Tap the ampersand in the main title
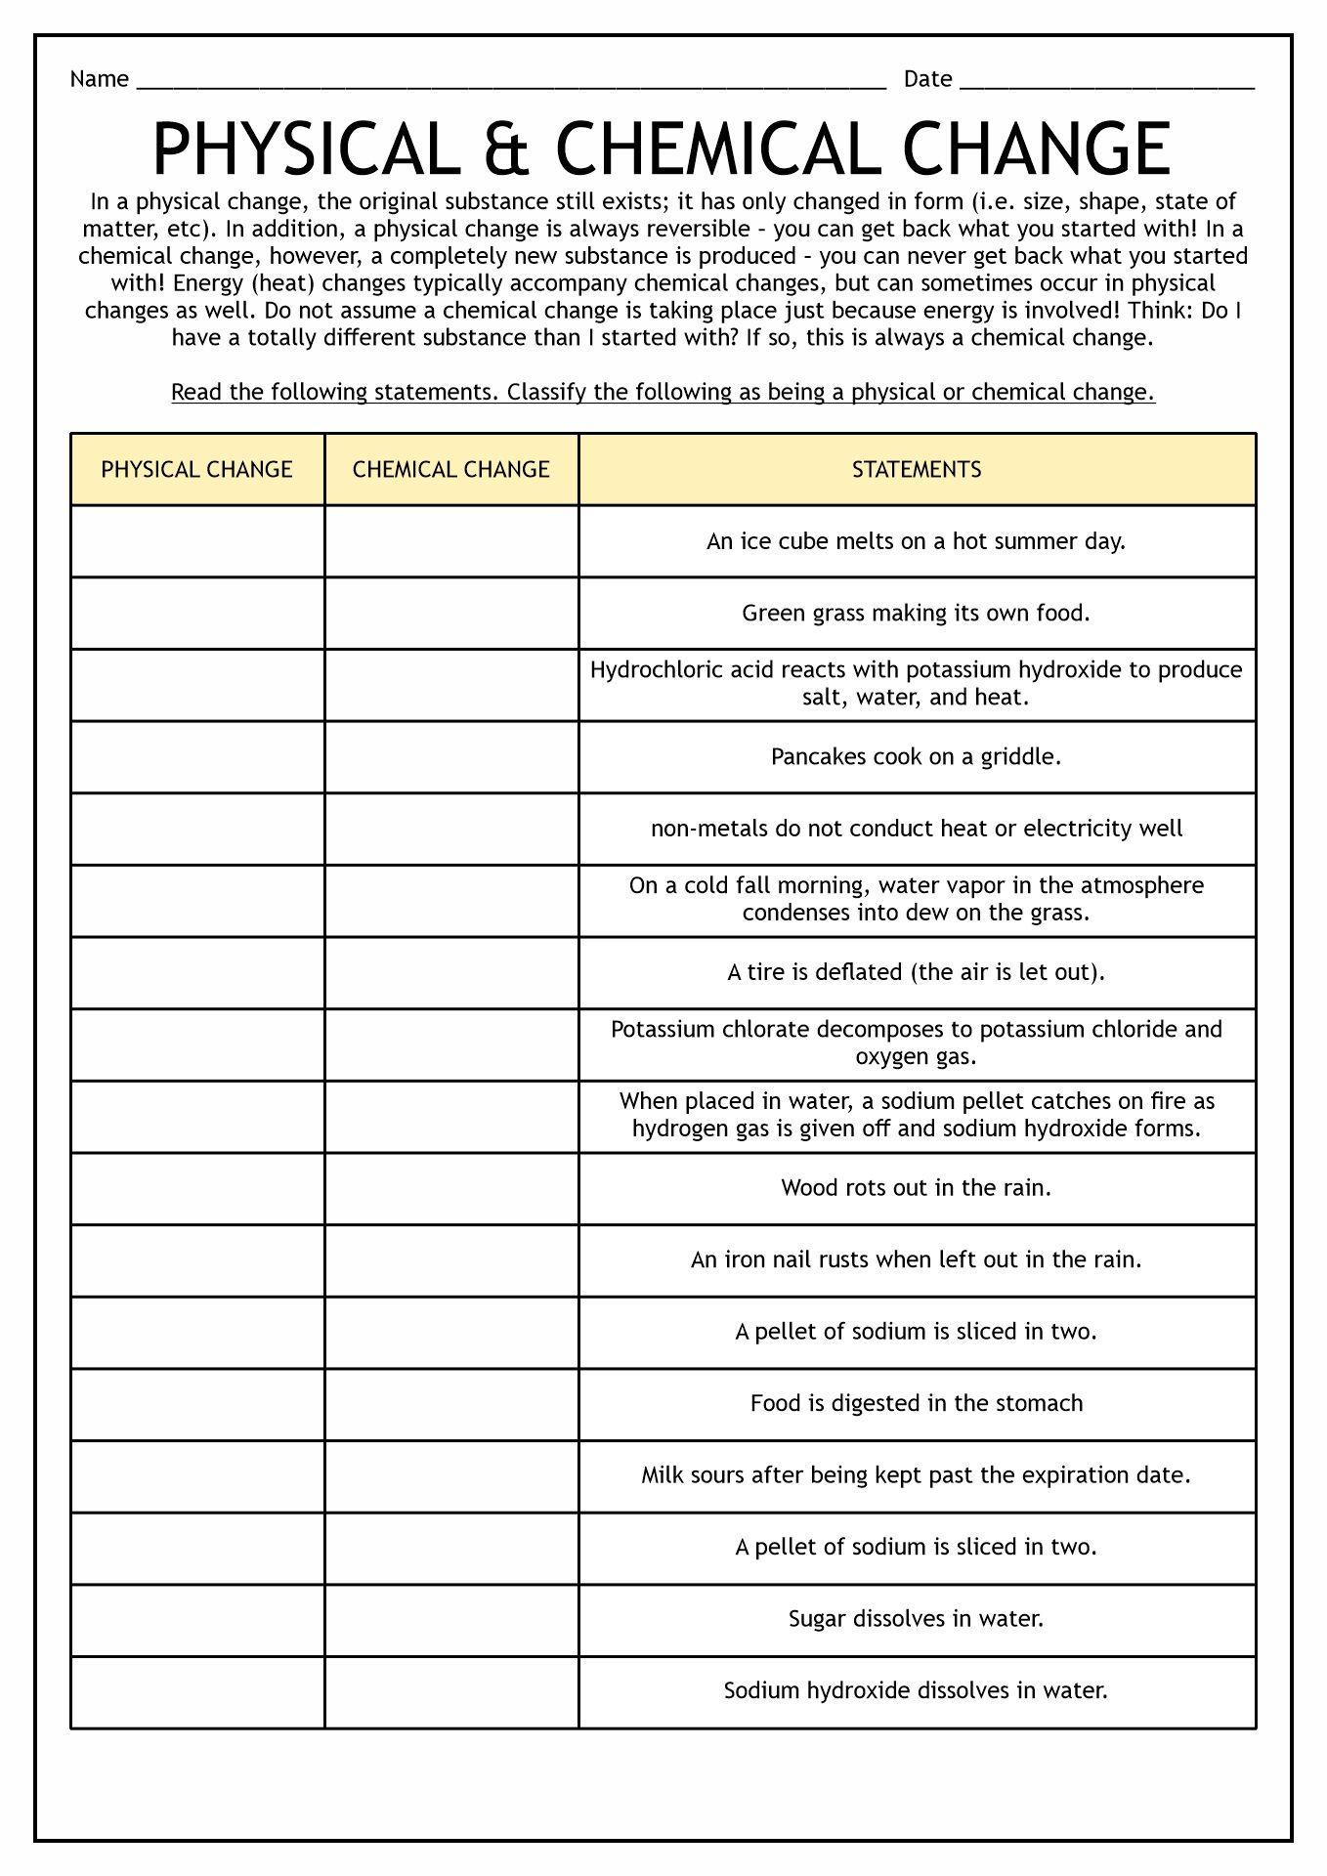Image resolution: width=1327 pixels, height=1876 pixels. click(x=506, y=149)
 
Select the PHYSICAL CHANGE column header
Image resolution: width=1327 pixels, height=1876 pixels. click(x=196, y=470)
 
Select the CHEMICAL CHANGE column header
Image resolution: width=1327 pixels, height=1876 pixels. click(x=450, y=470)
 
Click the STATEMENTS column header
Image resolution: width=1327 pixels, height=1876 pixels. click(x=916, y=470)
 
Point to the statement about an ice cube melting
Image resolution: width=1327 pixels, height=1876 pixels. click(x=916, y=541)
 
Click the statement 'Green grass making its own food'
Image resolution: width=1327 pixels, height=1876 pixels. click(x=916, y=614)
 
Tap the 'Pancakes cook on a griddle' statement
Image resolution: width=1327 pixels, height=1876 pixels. click(x=916, y=757)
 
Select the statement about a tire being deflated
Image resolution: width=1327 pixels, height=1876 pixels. click(x=916, y=973)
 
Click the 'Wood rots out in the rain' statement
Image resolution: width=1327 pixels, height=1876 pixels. click(x=916, y=1188)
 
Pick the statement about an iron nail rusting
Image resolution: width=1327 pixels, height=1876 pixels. click(x=916, y=1260)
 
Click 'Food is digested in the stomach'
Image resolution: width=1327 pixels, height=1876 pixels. click(x=916, y=1404)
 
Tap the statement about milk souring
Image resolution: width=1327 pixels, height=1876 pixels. click(x=916, y=1475)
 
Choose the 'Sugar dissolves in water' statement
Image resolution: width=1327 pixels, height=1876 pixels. click(x=916, y=1619)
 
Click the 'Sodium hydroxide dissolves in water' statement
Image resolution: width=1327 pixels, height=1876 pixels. click(x=916, y=1691)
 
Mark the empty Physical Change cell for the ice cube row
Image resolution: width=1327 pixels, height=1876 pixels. click(x=196, y=541)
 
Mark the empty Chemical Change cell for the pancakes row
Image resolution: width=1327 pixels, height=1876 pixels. click(x=450, y=757)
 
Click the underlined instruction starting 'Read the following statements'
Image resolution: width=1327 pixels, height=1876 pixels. click(x=663, y=393)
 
